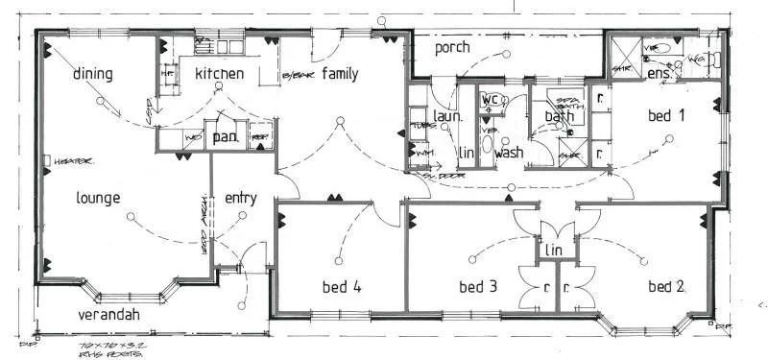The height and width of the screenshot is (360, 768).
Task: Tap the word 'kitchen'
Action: point(219,74)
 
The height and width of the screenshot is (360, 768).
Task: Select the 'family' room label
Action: point(340,73)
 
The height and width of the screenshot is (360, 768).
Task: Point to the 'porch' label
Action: point(452,47)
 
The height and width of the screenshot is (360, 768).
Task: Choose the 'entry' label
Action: point(240,199)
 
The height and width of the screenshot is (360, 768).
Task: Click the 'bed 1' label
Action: point(665,116)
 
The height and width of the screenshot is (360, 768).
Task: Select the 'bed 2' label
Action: point(665,286)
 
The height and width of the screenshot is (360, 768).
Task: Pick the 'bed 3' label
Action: point(477,286)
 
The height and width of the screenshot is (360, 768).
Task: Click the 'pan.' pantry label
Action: point(225,138)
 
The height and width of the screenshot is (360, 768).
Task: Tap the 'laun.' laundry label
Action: point(448,116)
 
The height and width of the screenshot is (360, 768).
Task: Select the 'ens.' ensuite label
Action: point(659,74)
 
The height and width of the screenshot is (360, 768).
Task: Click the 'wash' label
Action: point(509,152)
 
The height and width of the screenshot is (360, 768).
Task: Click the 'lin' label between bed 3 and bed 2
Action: point(554,250)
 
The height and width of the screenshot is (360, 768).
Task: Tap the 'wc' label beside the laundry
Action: point(490,100)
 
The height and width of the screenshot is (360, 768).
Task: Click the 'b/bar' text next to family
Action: point(297,76)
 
